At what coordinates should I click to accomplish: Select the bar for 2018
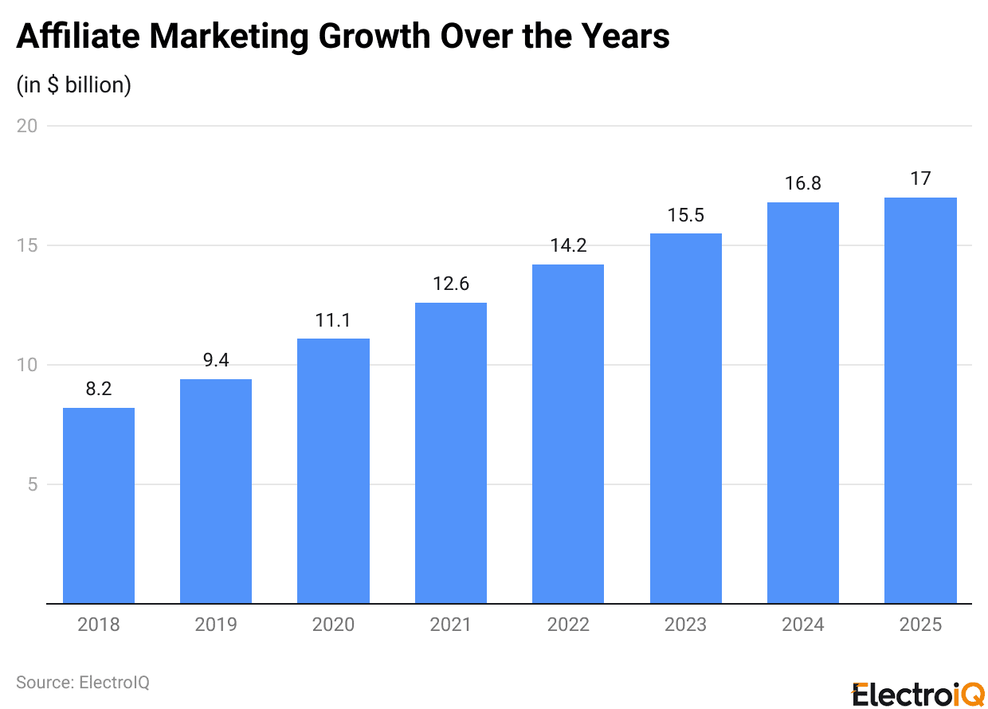click(x=99, y=506)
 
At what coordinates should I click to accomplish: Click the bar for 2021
click(x=451, y=453)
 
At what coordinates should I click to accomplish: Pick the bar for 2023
click(x=686, y=418)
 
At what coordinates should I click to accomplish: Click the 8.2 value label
click(x=99, y=390)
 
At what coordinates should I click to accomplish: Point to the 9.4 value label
click(x=216, y=361)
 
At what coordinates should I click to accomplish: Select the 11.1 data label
click(x=333, y=320)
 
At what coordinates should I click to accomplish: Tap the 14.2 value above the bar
click(x=568, y=246)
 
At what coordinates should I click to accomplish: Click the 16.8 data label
click(x=803, y=184)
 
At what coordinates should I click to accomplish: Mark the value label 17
click(x=920, y=179)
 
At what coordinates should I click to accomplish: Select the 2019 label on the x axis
click(x=216, y=625)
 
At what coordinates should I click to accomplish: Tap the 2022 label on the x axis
click(x=568, y=625)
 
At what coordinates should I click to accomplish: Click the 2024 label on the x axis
click(x=803, y=625)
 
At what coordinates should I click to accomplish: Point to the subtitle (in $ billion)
click(x=74, y=84)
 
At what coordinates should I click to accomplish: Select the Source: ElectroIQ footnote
click(x=83, y=682)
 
